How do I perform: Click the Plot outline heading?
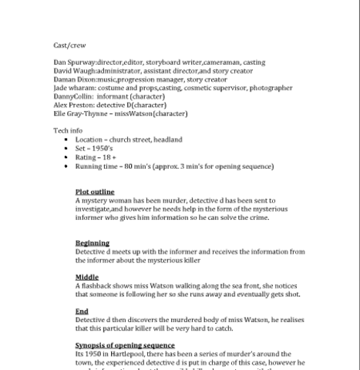95,192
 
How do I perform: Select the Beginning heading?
93,243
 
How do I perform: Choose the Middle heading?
87,277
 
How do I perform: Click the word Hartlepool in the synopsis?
123,353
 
